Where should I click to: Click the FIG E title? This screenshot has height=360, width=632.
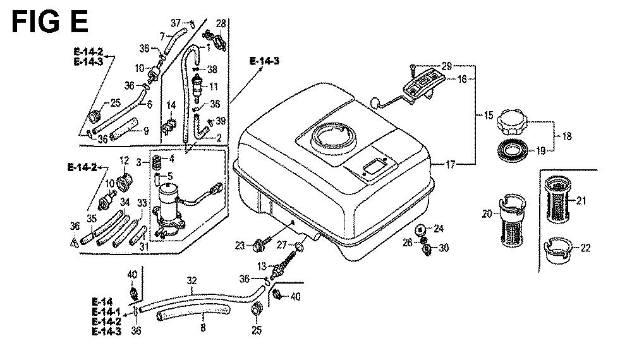click(49, 21)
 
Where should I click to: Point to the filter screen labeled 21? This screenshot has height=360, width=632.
click(558, 200)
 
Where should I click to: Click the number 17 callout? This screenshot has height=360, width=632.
click(451, 164)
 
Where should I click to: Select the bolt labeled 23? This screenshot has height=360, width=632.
click(258, 245)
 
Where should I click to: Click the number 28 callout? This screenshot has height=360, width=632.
click(221, 23)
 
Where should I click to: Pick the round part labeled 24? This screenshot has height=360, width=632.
click(420, 229)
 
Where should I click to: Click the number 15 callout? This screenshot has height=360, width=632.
click(489, 116)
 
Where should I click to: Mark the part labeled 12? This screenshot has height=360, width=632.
click(125, 182)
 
